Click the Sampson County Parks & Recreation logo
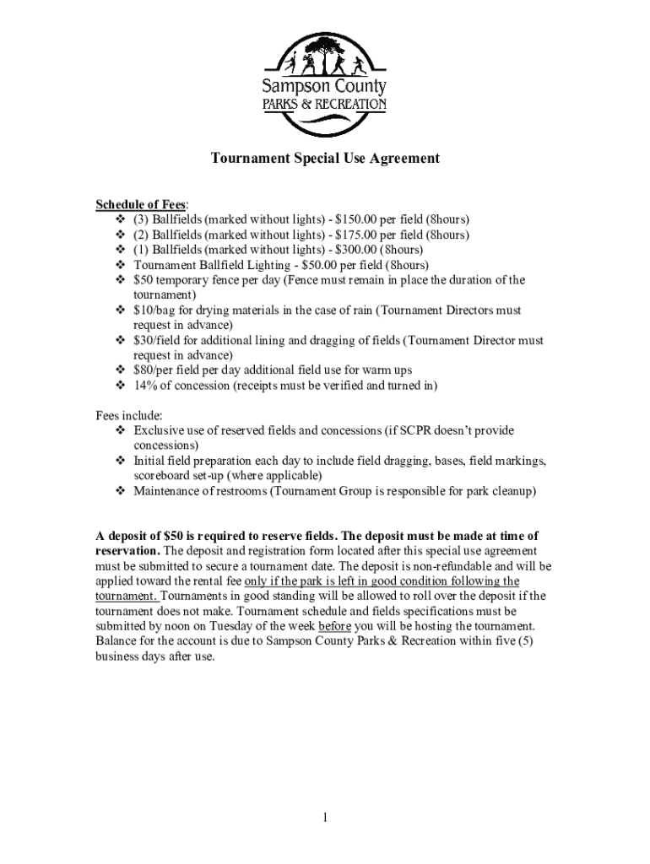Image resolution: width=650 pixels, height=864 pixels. [x=325, y=84]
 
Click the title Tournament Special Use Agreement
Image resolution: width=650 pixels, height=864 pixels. [x=325, y=158]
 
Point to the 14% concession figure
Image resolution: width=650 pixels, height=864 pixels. [x=145, y=386]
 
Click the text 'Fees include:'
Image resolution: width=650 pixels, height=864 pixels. [x=128, y=415]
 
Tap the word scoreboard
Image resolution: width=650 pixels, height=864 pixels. [x=164, y=476]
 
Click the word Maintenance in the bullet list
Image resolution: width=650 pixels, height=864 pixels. [x=169, y=491]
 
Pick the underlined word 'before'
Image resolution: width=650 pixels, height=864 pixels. [x=334, y=626]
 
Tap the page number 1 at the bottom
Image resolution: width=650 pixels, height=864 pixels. [x=325, y=818]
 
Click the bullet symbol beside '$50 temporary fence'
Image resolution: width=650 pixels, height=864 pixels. [x=120, y=280]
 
